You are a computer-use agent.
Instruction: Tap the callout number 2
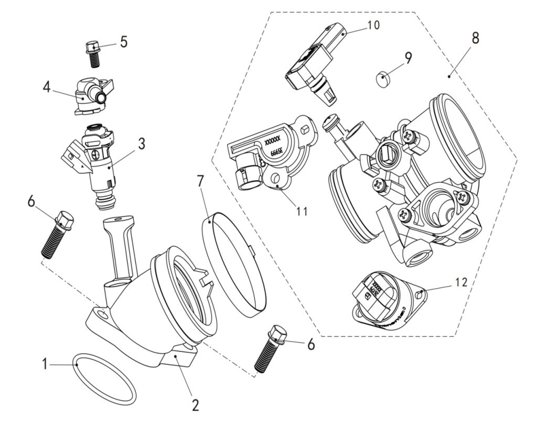click(195, 405)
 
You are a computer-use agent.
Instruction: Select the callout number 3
click(141, 145)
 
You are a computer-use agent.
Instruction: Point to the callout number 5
click(123, 42)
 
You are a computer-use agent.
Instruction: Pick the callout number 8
click(475, 38)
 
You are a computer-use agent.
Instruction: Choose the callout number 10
click(374, 25)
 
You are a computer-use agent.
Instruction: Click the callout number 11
click(302, 211)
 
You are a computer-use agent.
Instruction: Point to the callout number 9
click(408, 57)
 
